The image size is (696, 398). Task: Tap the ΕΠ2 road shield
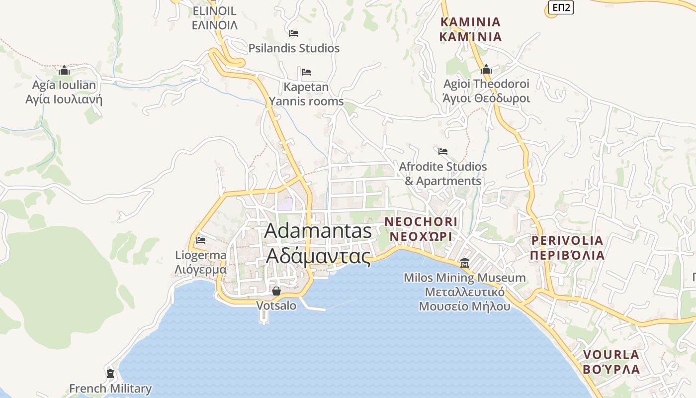[561, 7]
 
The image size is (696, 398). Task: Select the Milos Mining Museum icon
[465, 263]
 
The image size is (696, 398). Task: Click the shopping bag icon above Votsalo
[276, 291]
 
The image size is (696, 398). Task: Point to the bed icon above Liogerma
[201, 240]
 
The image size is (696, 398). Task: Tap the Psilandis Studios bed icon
[294, 33]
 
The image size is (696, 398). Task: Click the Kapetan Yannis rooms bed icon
[306, 72]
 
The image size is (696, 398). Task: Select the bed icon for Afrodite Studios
[443, 151]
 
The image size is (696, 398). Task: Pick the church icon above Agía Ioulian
[64, 70]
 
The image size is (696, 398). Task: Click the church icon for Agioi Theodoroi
[486, 69]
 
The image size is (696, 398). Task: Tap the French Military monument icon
[110, 373]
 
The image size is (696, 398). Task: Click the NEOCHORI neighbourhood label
[421, 229]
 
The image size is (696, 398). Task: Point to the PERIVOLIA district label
[567, 248]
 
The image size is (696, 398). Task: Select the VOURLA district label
[611, 362]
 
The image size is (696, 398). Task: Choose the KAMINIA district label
[471, 29]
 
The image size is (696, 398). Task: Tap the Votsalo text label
[276, 305]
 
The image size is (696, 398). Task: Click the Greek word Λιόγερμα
[201, 270]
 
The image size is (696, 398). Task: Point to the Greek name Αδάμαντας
[319, 256]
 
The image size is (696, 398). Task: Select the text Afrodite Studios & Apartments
[443, 174]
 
